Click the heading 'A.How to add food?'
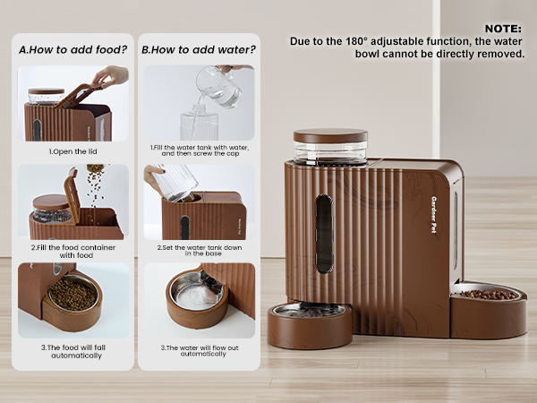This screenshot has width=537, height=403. [72, 50]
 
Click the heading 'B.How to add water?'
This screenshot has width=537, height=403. [197, 50]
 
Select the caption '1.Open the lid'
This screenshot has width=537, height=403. [72, 151]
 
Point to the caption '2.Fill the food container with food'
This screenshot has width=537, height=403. [72, 251]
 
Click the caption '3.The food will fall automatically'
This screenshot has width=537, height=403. [72, 352]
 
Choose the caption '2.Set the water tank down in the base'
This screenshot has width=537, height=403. [198, 251]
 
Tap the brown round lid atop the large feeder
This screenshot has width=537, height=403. [330, 136]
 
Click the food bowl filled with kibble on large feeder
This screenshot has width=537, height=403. [488, 294]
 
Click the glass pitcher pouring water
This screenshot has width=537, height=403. [217, 88]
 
